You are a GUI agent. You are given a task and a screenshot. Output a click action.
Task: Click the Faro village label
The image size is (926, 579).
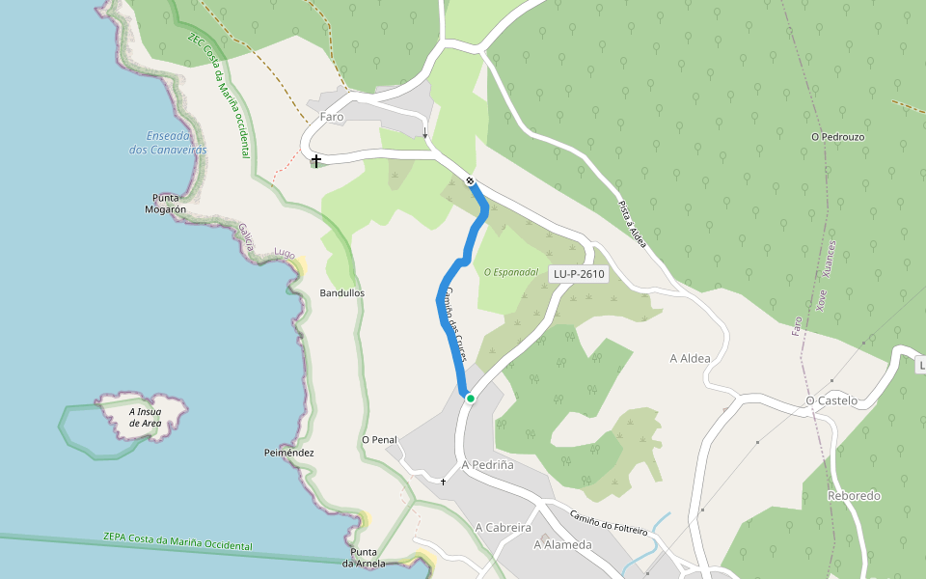(332, 116)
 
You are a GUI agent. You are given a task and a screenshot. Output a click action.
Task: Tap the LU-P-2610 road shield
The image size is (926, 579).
(579, 274)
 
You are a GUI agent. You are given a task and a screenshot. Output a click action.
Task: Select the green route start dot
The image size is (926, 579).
(470, 398)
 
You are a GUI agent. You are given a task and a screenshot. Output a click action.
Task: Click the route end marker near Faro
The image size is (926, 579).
(470, 180)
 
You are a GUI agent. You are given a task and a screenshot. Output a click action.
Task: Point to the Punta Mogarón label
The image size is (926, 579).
(165, 204)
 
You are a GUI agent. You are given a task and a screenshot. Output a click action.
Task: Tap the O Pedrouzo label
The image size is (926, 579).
(837, 137)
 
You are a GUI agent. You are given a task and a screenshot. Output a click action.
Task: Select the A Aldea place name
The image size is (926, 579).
(690, 359)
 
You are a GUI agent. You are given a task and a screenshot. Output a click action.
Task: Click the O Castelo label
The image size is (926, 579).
(831, 400)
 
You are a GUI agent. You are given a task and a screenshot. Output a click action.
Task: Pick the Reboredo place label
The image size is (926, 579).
(854, 496)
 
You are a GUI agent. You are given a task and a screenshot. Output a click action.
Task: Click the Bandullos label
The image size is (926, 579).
(342, 292)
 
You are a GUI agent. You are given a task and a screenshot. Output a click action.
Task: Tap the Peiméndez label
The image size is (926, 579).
(289, 453)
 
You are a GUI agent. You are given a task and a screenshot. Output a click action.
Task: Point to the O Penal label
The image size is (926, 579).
(379, 440)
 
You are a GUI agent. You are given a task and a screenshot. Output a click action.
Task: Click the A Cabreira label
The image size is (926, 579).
(504, 528)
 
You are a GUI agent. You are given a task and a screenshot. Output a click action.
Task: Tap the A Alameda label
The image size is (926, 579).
(562, 544)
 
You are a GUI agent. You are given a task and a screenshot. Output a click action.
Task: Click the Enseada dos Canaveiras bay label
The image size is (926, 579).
(169, 142)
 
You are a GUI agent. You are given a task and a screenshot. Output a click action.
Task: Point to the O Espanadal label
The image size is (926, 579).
(510, 272)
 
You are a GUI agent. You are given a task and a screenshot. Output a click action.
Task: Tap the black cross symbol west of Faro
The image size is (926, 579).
(315, 160)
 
